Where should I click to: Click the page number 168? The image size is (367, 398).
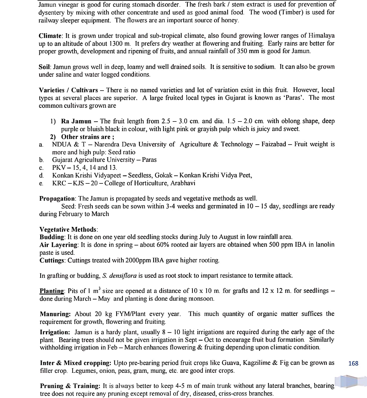click(x=353, y=363)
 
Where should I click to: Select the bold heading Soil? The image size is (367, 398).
click(x=45, y=67)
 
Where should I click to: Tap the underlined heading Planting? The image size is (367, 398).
click(x=52, y=291)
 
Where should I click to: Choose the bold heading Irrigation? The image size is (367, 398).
click(x=55, y=332)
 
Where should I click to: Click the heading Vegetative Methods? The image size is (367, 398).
click(x=68, y=230)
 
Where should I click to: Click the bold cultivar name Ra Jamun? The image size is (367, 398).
click(x=76, y=121)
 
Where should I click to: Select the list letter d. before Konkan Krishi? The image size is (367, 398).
click(x=41, y=175)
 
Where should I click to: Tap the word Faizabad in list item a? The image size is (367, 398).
click(x=274, y=144)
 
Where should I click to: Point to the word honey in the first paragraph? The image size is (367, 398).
click(x=230, y=20)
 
